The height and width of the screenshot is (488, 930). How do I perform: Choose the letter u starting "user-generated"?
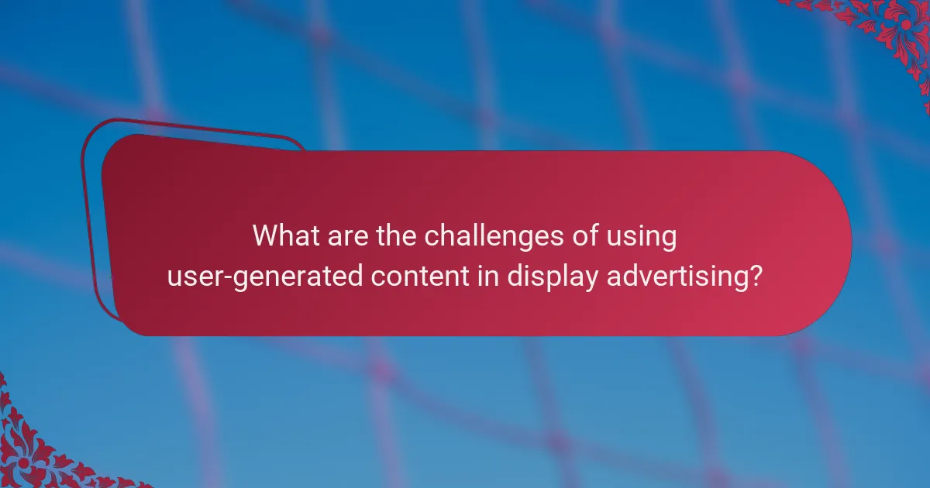click(x=174, y=277)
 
